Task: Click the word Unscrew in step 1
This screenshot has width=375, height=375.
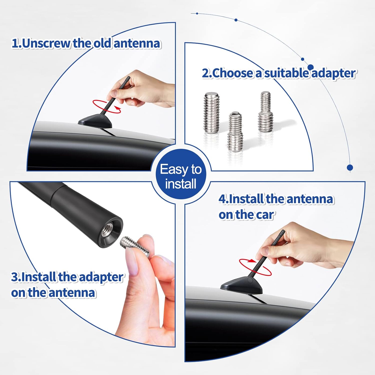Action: (x=46, y=43)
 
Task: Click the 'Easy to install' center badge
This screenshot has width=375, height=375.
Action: (x=181, y=176)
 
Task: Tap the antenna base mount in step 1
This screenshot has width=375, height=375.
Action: (x=95, y=120)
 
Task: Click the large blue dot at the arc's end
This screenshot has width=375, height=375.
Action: (x=350, y=167)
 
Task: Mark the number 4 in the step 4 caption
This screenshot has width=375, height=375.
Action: (x=222, y=199)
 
